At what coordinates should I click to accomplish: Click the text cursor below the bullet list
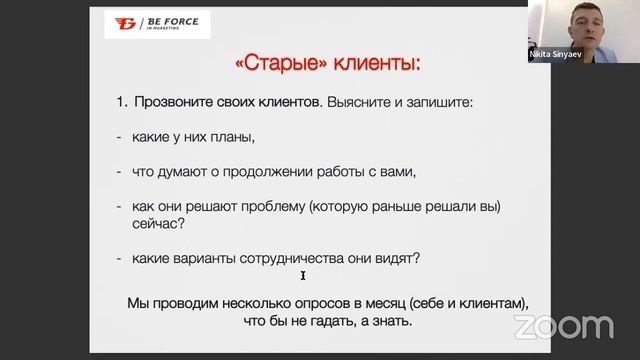pos(303,276)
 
